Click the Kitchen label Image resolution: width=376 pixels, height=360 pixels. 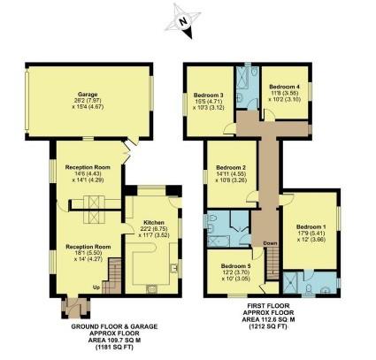coord(148,222)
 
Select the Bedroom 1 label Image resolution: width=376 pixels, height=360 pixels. coord(311,225)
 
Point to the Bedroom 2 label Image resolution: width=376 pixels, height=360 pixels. coord(232,168)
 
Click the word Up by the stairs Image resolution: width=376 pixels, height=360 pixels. coord(96,287)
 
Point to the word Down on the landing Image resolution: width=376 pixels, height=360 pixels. coord(270,243)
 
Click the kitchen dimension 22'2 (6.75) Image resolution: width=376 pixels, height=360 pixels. coord(148,229)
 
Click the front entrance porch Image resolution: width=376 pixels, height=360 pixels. coord(73,310)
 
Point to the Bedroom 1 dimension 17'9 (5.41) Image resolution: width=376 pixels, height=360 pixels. coord(311,232)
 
